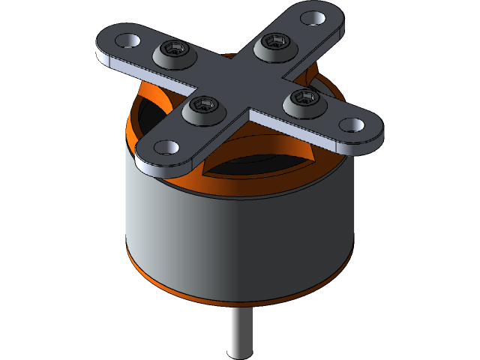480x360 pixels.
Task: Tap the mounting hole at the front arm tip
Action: [166, 147]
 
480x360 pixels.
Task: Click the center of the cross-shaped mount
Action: [238, 77]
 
